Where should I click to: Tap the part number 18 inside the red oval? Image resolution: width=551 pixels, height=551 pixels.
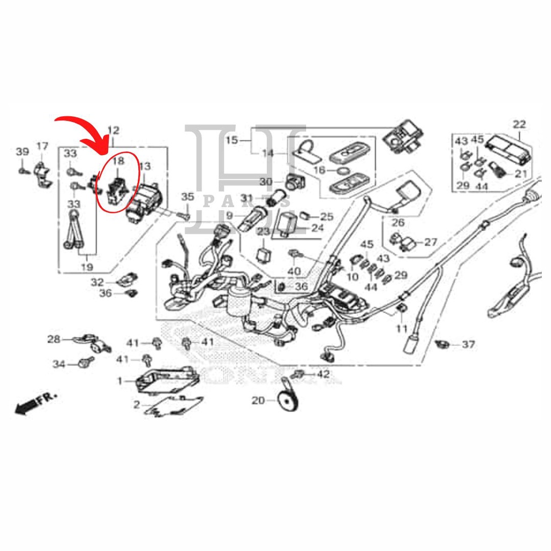pyautogui.click(x=118, y=160)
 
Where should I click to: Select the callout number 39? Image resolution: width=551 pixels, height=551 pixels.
pyautogui.click(x=22, y=152)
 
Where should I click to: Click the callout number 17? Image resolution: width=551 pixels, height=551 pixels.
pyautogui.click(x=42, y=146)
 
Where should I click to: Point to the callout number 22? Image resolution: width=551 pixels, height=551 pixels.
pyautogui.click(x=519, y=124)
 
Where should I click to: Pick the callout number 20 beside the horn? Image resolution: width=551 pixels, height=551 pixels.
pyautogui.click(x=258, y=400)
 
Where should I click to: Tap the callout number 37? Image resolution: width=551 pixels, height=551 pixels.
pyautogui.click(x=469, y=344)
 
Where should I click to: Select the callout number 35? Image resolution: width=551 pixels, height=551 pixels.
pyautogui.click(x=187, y=196)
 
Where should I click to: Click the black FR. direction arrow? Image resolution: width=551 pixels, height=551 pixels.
pyautogui.click(x=24, y=408)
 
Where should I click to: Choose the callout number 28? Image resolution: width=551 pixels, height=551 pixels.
pyautogui.click(x=54, y=339)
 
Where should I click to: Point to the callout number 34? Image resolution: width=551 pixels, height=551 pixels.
pyautogui.click(x=59, y=365)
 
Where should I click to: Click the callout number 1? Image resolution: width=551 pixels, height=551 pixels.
pyautogui.click(x=120, y=381)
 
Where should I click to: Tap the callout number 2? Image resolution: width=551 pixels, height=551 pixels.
pyautogui.click(x=137, y=405)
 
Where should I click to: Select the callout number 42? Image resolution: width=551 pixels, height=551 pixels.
pyautogui.click(x=322, y=373)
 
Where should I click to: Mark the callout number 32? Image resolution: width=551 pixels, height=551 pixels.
pyautogui.click(x=97, y=282)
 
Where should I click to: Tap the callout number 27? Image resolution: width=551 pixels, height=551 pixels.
pyautogui.click(x=431, y=242)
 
